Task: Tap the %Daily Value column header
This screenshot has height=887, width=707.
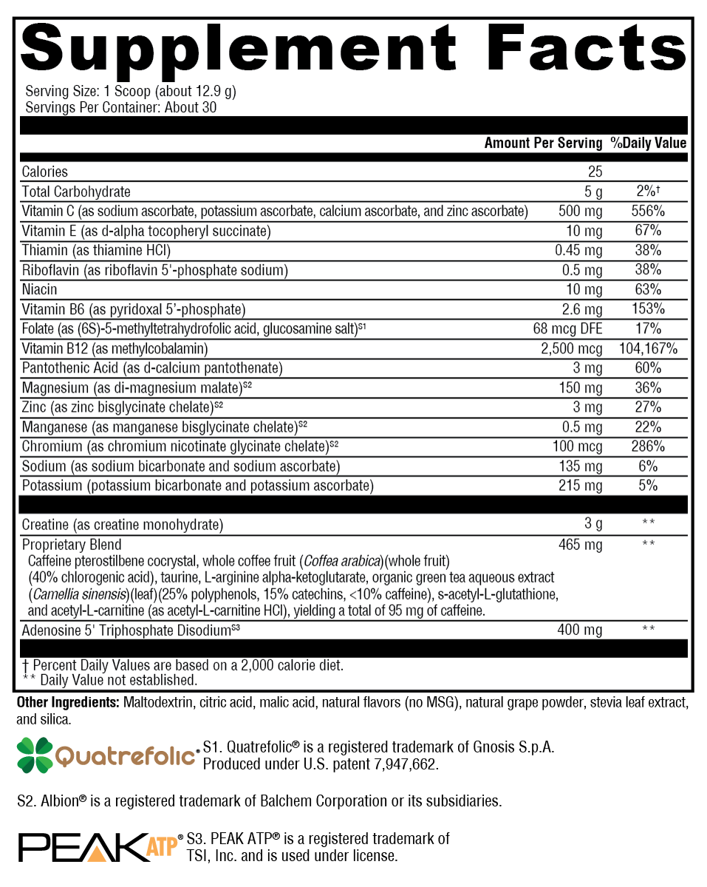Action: pyautogui.click(x=648, y=143)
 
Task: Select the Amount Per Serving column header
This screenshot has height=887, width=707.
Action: pyautogui.click(x=543, y=143)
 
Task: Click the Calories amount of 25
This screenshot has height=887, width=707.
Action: pyautogui.click(x=595, y=172)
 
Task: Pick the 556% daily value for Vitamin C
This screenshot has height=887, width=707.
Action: pyautogui.click(x=648, y=211)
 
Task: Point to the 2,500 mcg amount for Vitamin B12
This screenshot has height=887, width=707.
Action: pyautogui.click(x=572, y=348)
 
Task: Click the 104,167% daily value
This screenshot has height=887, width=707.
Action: pyautogui.click(x=648, y=348)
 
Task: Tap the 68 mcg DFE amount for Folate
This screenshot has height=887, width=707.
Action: pyautogui.click(x=567, y=329)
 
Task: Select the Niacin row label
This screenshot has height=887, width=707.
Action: pyautogui.click(x=39, y=290)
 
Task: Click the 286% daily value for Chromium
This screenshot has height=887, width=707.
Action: pyautogui.click(x=648, y=446)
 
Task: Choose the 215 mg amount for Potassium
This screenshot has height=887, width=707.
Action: pyautogui.click(x=581, y=486)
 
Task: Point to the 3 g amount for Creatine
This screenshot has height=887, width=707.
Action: pyautogui.click(x=593, y=525)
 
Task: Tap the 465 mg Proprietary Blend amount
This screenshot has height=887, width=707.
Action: pyautogui.click(x=581, y=545)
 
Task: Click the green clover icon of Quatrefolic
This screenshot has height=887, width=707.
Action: pyautogui.click(x=34, y=755)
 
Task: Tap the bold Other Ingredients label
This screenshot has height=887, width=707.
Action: pyautogui.click(x=67, y=701)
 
